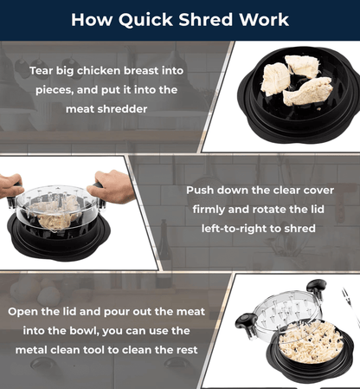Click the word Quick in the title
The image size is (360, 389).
coord(145,20)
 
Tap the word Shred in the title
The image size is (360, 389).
coord(205,20)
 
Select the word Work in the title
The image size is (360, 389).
coord(264,20)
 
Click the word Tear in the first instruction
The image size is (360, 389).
coord(42,71)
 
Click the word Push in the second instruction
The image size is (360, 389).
coord(200,191)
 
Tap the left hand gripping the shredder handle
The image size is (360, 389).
coord(11,185)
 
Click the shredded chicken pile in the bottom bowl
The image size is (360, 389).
coord(311,343)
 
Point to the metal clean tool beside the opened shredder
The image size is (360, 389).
coord(350,306)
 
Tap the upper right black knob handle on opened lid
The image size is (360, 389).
coord(317,288)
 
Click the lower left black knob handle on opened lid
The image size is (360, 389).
coord(246,321)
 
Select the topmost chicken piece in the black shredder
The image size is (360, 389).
coord(302,67)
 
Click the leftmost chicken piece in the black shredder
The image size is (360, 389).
coord(276,79)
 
